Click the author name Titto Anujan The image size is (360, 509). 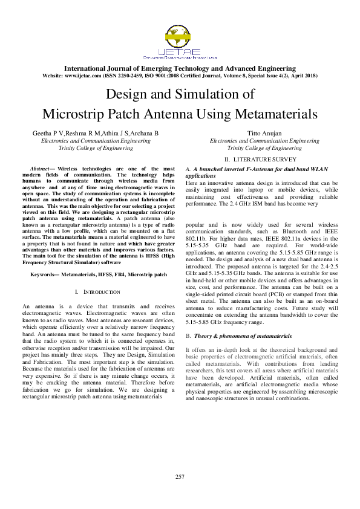[264, 132]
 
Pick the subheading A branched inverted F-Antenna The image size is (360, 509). [242, 167]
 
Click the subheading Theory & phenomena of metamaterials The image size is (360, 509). [242, 336]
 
